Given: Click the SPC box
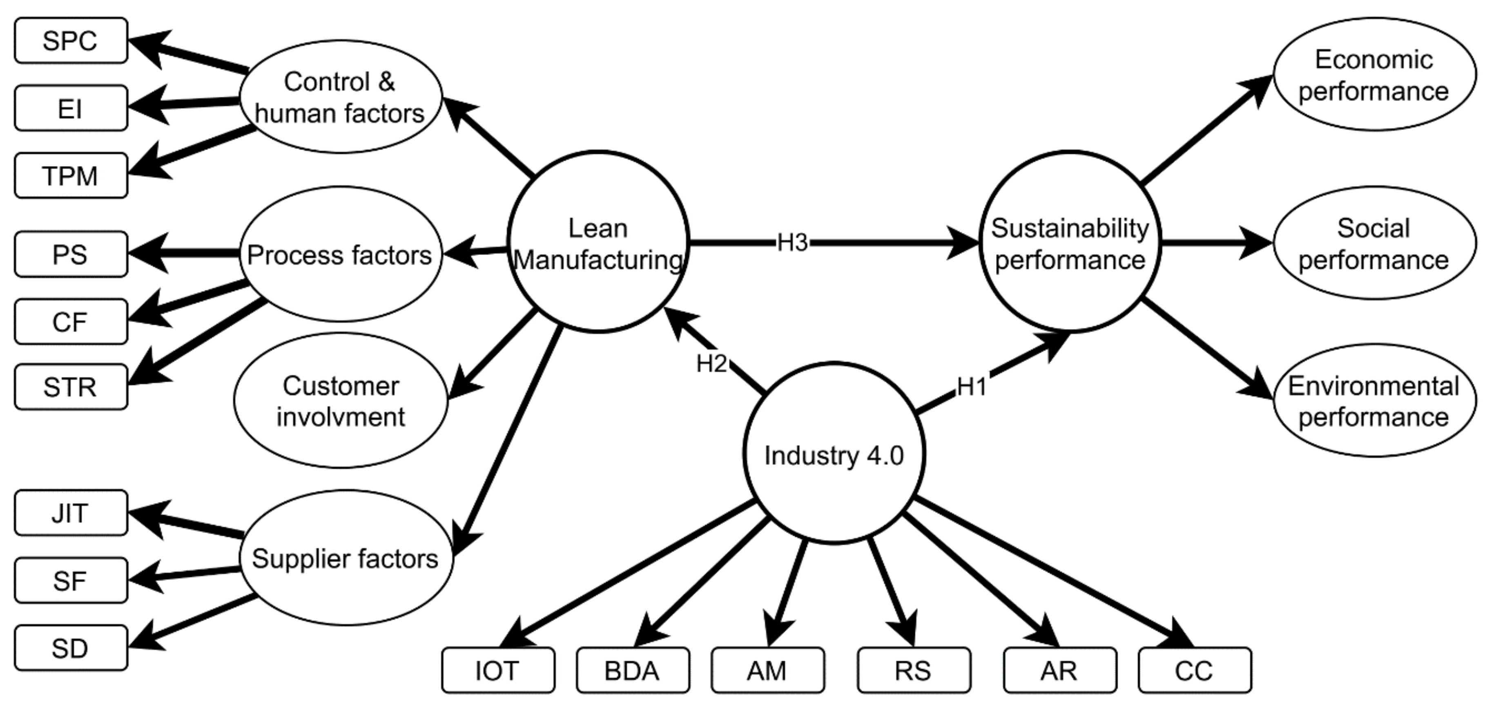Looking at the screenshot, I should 70,40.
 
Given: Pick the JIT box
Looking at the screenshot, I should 70,513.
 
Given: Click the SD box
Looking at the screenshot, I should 70,648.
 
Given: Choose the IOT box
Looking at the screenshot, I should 498,670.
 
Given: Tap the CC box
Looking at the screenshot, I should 1195,670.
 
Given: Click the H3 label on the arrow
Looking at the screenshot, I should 792,242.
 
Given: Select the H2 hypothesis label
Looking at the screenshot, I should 711,364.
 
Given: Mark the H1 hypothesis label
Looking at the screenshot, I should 972,386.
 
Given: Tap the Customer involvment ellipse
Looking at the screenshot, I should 341,401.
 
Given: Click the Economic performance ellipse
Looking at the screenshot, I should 1374,74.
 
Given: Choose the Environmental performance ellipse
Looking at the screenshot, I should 1374,401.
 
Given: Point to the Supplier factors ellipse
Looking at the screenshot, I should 346,558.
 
